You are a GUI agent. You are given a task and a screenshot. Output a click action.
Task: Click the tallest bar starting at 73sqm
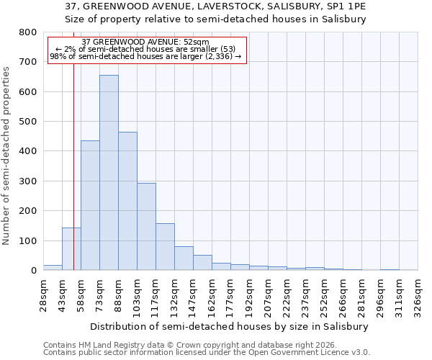109,173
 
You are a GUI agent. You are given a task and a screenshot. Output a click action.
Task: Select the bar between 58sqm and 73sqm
90,205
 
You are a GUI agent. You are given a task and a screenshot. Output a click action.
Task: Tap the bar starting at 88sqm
127,201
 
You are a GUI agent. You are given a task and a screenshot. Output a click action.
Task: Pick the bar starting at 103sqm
146,227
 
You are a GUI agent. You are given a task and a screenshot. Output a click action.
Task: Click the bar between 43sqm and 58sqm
71,249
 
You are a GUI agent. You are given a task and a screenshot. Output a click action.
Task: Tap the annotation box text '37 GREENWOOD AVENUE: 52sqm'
145,42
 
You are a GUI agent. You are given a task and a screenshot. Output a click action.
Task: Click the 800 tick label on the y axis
27,32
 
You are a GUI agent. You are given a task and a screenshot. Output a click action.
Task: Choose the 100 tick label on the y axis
27,240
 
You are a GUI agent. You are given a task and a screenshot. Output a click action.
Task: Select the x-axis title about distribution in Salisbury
230,326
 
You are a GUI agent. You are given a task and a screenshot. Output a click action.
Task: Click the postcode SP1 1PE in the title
347,6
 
